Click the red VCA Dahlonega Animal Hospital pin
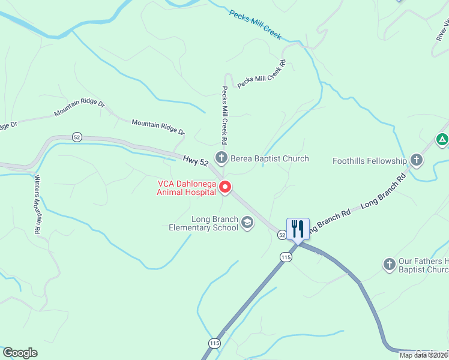[x=226, y=187]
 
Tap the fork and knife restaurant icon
[x=298, y=229]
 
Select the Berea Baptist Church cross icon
[x=221, y=158]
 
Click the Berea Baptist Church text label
[x=270, y=159]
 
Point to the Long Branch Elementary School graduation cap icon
[x=247, y=223]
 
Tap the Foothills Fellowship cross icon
[x=417, y=161]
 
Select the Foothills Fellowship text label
[x=370, y=161]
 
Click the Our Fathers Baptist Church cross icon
[x=389, y=264]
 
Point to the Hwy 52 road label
[x=196, y=159]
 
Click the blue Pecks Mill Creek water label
[x=255, y=24]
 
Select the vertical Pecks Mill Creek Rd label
[x=224, y=116]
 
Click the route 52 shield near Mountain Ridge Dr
[x=76, y=137]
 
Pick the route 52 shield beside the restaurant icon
[x=282, y=235]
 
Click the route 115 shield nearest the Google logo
[x=214, y=343]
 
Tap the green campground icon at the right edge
[x=442, y=140]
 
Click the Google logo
[x=20, y=353]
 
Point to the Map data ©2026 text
[x=423, y=355]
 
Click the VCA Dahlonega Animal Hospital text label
[x=186, y=188]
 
